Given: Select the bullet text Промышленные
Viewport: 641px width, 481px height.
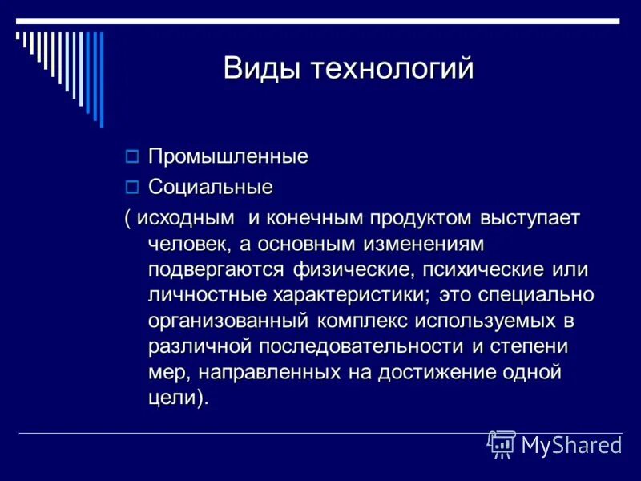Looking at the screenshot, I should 228,156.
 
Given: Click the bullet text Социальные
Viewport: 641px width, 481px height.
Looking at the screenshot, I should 210,187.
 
